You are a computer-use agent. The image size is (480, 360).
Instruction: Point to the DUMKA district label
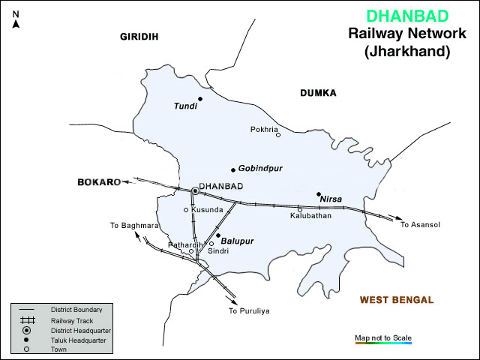click(318, 93)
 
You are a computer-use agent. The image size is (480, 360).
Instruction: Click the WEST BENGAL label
click(396, 300)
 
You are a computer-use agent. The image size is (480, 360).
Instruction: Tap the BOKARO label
click(98, 182)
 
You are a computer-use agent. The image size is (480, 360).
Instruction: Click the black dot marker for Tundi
click(200, 99)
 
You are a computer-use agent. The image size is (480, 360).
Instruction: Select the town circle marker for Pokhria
click(277, 135)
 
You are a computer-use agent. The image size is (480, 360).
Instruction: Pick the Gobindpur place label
click(261, 169)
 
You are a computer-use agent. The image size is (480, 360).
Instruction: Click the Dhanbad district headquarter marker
click(195, 191)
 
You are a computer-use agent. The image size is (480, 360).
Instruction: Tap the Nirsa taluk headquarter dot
click(319, 193)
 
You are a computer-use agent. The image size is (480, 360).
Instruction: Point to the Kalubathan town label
click(310, 216)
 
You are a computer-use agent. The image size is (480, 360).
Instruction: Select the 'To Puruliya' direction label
click(249, 310)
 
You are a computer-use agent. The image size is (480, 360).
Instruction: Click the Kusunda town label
click(207, 210)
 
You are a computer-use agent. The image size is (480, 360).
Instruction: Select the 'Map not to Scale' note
click(383, 337)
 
